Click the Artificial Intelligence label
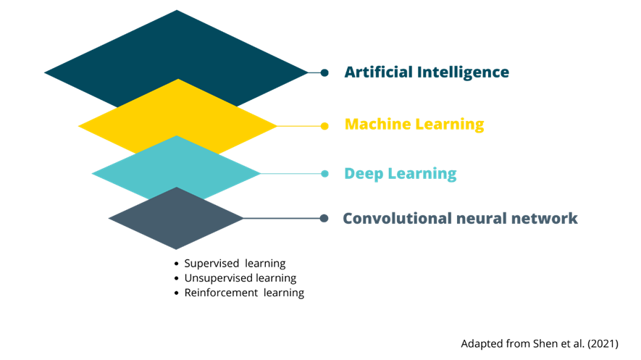point(427,72)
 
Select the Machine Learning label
point(414,124)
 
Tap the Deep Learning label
point(401,174)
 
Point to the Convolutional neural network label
point(460,218)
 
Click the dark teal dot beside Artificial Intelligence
point(324,72)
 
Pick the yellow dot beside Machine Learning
point(324,126)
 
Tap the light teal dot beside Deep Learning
point(324,174)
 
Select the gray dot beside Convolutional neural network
point(324,218)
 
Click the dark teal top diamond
point(177,49)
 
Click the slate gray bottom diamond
point(176,218)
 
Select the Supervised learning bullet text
point(235,264)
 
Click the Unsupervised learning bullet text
point(240,278)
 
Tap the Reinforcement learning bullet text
point(244,293)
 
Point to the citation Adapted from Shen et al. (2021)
point(540,343)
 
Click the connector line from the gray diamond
point(282,218)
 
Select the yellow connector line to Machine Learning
point(299,126)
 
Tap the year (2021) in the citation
point(603,343)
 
